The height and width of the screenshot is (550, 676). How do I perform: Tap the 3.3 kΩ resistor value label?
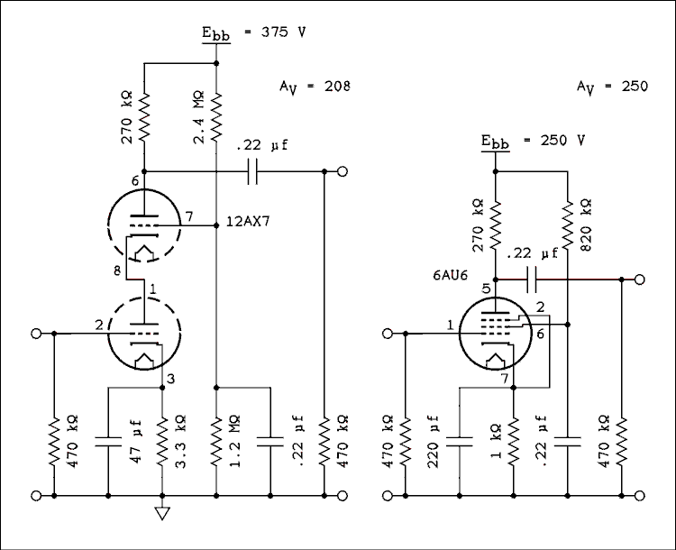pyautogui.click(x=180, y=440)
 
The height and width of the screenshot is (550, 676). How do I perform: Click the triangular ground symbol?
pyautogui.click(x=163, y=514)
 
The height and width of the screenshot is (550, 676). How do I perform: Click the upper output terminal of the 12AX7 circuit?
pyautogui.click(x=342, y=171)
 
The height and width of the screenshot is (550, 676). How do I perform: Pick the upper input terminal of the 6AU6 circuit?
pyautogui.click(x=388, y=334)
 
